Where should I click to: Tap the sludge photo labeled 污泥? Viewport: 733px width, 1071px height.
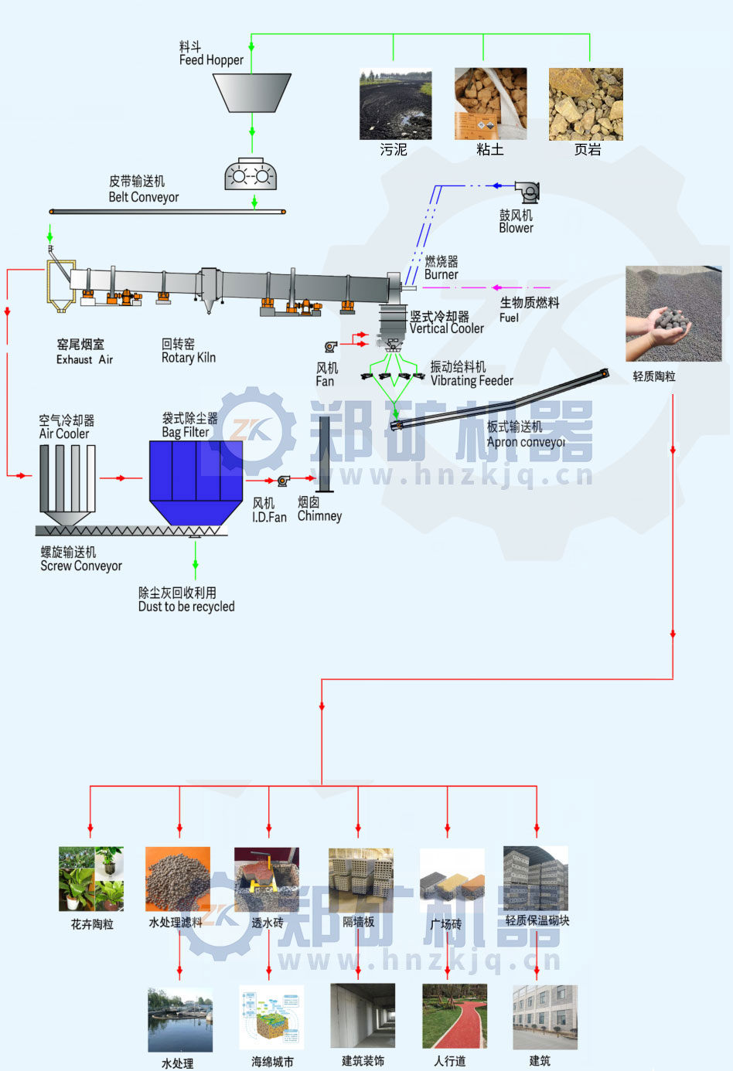click(x=395, y=105)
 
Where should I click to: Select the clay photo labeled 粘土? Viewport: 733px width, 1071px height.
click(x=490, y=104)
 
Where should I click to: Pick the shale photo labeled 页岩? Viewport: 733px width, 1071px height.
click(x=585, y=104)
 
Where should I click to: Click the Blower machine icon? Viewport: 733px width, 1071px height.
click(x=527, y=192)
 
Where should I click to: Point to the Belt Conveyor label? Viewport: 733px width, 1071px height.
click(x=143, y=190)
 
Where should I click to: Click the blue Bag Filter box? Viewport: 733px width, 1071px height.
click(x=195, y=471)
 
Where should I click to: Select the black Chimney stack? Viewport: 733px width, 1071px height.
click(x=325, y=454)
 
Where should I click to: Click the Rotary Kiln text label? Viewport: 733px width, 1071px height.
click(x=188, y=351)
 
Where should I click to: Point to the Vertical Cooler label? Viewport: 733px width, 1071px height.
click(x=446, y=323)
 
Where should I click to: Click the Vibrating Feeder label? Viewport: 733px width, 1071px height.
click(x=471, y=374)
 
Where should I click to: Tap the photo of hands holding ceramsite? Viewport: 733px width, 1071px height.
click(x=673, y=313)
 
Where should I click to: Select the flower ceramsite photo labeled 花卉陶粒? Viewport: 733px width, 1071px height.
click(x=91, y=879)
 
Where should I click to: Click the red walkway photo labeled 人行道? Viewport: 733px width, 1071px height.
click(x=455, y=1016)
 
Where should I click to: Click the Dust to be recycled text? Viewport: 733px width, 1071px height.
click(x=186, y=600)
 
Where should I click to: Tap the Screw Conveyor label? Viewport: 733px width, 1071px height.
click(x=80, y=559)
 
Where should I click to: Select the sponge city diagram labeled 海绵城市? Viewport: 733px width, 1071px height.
click(x=271, y=1017)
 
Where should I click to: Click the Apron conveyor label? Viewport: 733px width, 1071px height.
click(x=525, y=435)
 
